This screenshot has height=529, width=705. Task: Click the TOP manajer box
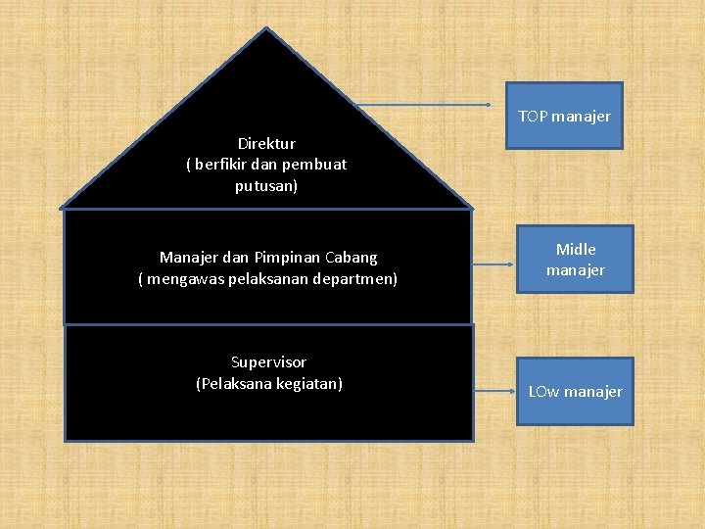coord(564,116)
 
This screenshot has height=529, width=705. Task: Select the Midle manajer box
coord(575,260)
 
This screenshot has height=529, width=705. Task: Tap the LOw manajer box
coord(575,391)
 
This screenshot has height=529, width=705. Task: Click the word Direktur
coord(266,143)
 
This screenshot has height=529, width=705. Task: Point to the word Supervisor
coord(268,361)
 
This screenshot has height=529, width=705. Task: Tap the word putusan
coord(266,185)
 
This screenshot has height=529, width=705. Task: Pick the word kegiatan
coord(309,383)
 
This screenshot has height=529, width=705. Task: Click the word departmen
coord(354,279)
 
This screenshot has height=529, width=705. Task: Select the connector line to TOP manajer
coord(421,104)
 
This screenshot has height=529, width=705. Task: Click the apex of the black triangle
coord(266,30)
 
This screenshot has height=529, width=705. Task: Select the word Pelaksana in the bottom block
coord(236,383)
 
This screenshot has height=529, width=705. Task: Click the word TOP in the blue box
coord(533,117)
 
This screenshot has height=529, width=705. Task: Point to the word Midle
coord(576,250)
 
